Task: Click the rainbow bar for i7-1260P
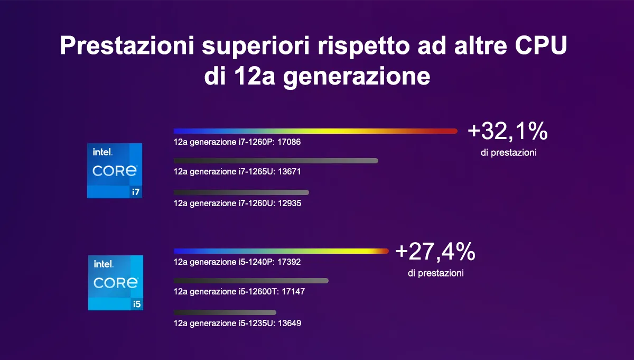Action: (315, 131)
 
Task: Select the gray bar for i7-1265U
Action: (276, 161)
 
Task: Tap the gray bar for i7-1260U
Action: (241, 192)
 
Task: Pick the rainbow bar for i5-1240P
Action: (281, 251)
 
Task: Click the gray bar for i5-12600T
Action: (251, 281)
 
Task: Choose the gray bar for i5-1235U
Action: (225, 312)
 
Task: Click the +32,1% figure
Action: (508, 132)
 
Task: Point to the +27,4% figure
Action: (435, 252)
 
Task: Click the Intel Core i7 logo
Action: (115, 171)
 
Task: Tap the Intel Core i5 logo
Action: (116, 283)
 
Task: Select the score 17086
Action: (289, 142)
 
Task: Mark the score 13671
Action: (290, 172)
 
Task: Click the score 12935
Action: (290, 204)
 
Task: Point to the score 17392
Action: (289, 262)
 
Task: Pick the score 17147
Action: (293, 291)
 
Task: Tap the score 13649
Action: (290, 323)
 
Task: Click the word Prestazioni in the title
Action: (127, 45)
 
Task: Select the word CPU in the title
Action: (541, 45)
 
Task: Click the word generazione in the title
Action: (357, 77)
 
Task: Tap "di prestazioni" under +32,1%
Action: (509, 153)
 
